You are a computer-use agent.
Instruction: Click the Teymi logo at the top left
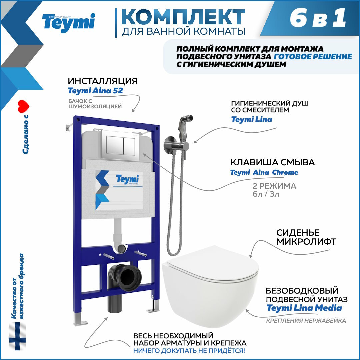(x=68, y=23)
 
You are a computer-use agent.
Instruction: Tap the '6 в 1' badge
(x=318, y=18)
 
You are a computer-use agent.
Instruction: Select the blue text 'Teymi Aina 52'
(x=96, y=91)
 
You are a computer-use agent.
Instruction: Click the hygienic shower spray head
(x=186, y=122)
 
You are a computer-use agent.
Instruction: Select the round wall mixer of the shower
(x=170, y=144)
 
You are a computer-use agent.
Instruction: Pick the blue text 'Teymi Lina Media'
(x=304, y=308)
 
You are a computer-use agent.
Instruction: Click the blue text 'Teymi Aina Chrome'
(x=264, y=172)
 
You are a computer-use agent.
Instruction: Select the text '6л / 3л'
(x=266, y=194)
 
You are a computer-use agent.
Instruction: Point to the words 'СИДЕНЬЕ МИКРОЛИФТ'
(x=306, y=237)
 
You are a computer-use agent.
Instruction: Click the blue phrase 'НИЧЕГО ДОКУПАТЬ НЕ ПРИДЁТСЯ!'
(x=189, y=351)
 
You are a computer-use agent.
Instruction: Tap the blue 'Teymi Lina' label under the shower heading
(x=252, y=119)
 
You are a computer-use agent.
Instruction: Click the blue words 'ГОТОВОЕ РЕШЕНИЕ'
(x=313, y=56)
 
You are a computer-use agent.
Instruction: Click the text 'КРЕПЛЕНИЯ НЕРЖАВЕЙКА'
(x=306, y=321)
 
